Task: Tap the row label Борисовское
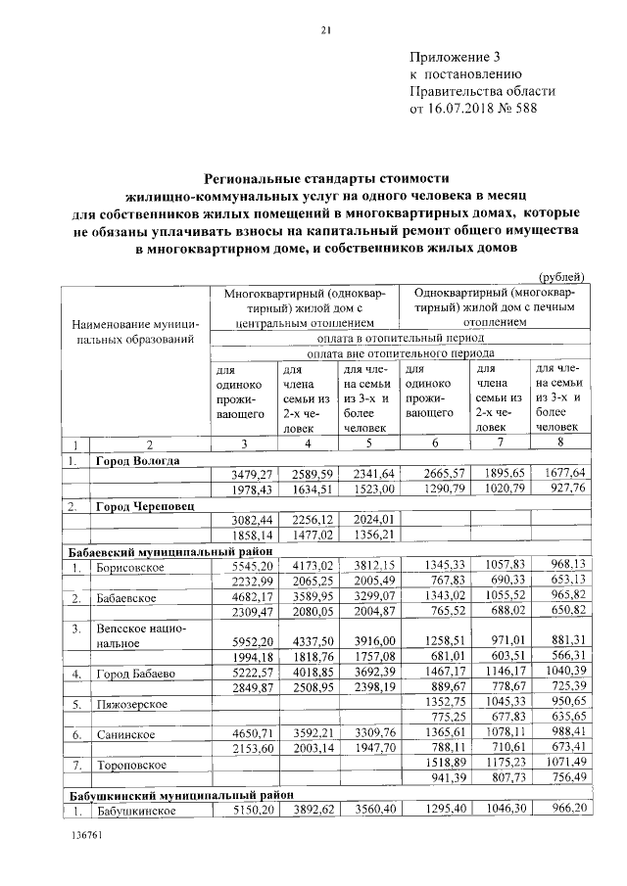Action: tap(129, 567)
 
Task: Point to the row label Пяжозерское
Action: tap(130, 704)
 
